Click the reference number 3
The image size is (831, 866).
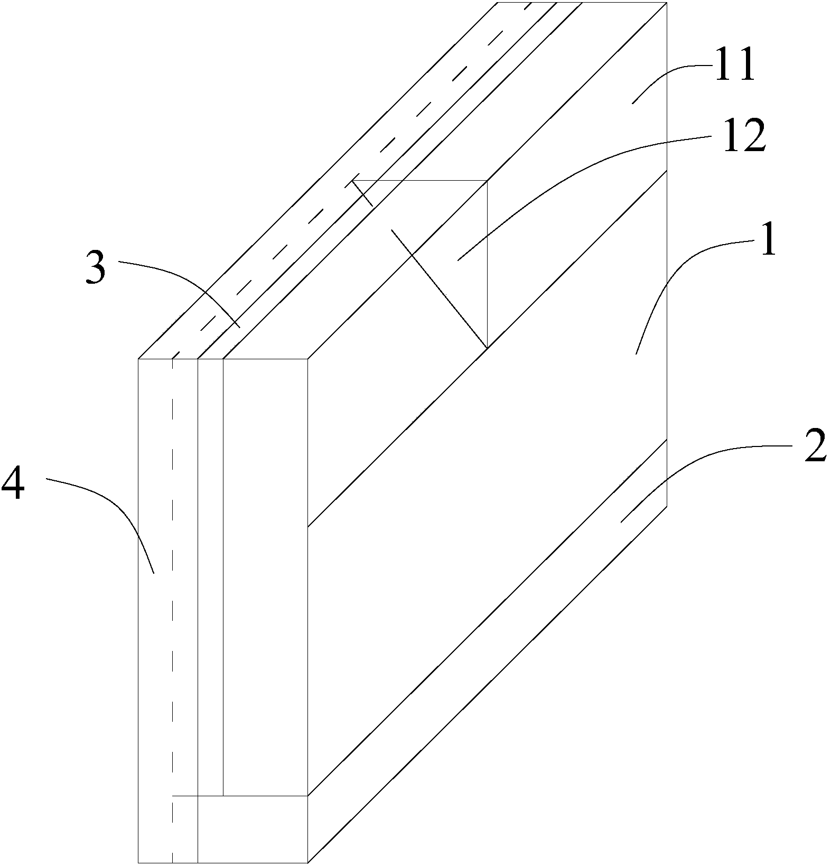(x=96, y=268)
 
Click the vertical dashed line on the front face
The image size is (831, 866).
(x=172, y=581)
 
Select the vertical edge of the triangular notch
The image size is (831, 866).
(x=487, y=264)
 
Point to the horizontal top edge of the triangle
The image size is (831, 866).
(x=423, y=180)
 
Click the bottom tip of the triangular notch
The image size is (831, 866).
(x=487, y=347)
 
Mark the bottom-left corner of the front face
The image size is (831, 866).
(x=138, y=862)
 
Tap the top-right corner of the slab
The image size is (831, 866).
(x=666, y=3)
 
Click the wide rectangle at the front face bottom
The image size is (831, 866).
(x=253, y=828)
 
